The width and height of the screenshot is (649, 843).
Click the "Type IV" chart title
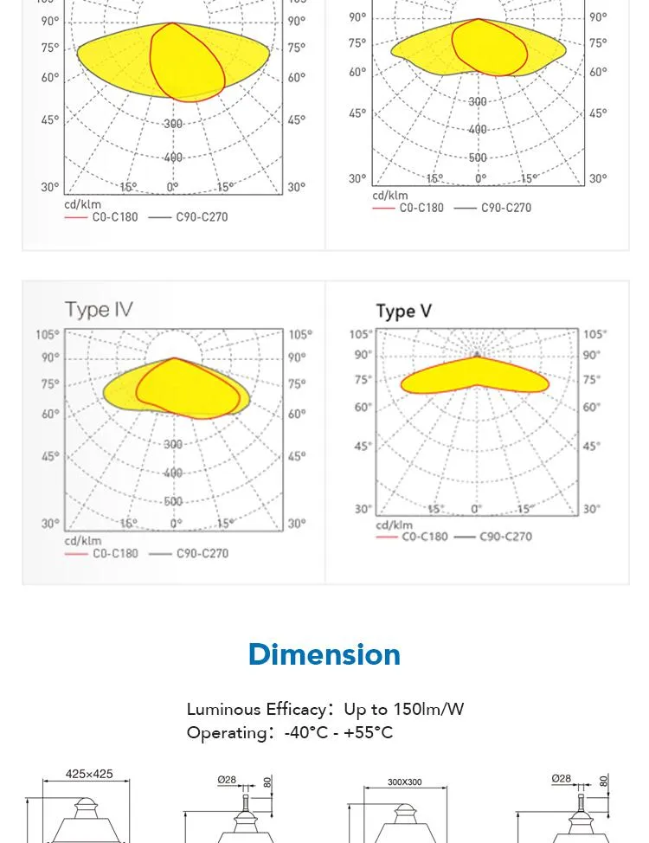point(99,310)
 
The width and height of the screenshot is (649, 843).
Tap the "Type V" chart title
point(403,312)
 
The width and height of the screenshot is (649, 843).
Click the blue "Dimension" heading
point(324,654)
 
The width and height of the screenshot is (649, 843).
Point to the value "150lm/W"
point(428,709)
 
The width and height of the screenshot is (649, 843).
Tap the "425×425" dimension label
point(89,774)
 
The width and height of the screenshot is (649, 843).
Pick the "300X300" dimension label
point(404,782)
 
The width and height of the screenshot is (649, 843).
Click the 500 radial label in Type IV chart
point(173,502)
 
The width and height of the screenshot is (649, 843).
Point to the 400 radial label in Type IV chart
point(173,473)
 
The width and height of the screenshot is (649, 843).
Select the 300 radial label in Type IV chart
point(173,445)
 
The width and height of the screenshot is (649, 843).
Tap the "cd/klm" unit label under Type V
point(394,524)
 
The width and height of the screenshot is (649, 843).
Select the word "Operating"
point(227,732)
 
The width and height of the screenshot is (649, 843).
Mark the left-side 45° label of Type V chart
point(362,447)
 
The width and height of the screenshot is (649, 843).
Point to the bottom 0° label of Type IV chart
point(176,524)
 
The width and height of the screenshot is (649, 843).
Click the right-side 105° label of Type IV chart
point(300,334)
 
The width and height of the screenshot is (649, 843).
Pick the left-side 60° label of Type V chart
point(362,407)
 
